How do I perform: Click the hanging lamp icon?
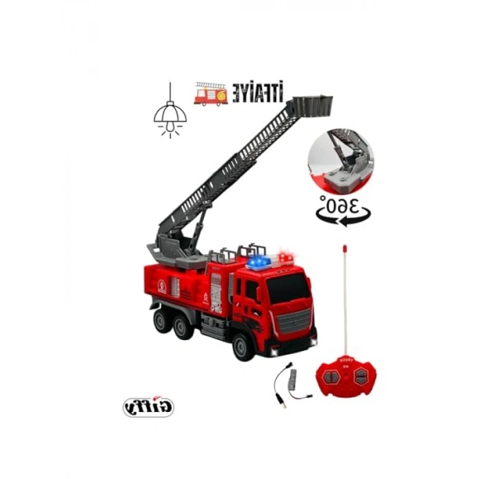pos(170,112)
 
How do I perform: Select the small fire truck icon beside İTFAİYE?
pos(211,94)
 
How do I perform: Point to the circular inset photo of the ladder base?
pos(339,159)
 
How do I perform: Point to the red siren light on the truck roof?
pos(285,258)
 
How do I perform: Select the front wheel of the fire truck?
pos(244,346)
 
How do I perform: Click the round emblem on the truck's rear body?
pos(161,287)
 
